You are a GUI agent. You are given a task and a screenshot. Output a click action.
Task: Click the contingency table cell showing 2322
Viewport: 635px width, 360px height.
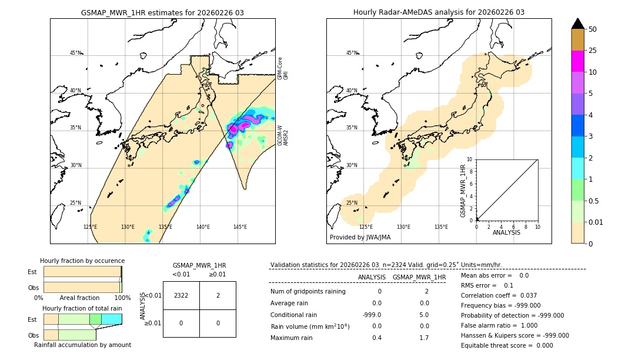(x=181, y=296)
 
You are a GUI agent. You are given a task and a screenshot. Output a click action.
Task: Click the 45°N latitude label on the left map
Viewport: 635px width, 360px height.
(x=76, y=53)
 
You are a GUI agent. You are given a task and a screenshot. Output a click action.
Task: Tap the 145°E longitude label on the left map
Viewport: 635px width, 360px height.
(x=240, y=226)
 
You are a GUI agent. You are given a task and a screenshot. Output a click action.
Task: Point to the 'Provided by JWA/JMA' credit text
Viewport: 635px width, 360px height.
(x=360, y=237)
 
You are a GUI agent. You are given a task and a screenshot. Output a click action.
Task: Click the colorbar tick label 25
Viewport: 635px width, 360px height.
(x=593, y=51)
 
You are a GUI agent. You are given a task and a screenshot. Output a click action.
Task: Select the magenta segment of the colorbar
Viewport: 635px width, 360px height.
(x=577, y=61)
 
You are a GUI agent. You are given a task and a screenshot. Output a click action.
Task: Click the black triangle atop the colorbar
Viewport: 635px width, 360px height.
(x=577, y=24)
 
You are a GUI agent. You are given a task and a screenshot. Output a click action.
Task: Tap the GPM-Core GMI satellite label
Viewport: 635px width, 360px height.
(x=283, y=68)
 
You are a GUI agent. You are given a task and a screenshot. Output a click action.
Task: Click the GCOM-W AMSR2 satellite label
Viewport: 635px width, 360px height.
(x=283, y=135)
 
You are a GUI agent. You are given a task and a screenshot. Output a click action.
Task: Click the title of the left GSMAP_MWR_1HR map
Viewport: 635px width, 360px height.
(x=162, y=12)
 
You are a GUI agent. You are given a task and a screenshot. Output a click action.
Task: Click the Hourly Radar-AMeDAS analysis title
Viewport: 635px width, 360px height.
(x=439, y=12)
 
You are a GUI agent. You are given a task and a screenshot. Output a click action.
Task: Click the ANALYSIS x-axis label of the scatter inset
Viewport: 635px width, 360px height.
(x=507, y=232)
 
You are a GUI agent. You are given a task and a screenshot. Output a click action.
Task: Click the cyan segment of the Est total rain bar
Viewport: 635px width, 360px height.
(x=112, y=319)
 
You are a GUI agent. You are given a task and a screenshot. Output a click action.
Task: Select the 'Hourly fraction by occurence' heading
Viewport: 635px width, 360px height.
(x=82, y=261)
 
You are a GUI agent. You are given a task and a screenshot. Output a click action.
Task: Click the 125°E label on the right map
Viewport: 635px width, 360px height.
(x=366, y=226)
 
